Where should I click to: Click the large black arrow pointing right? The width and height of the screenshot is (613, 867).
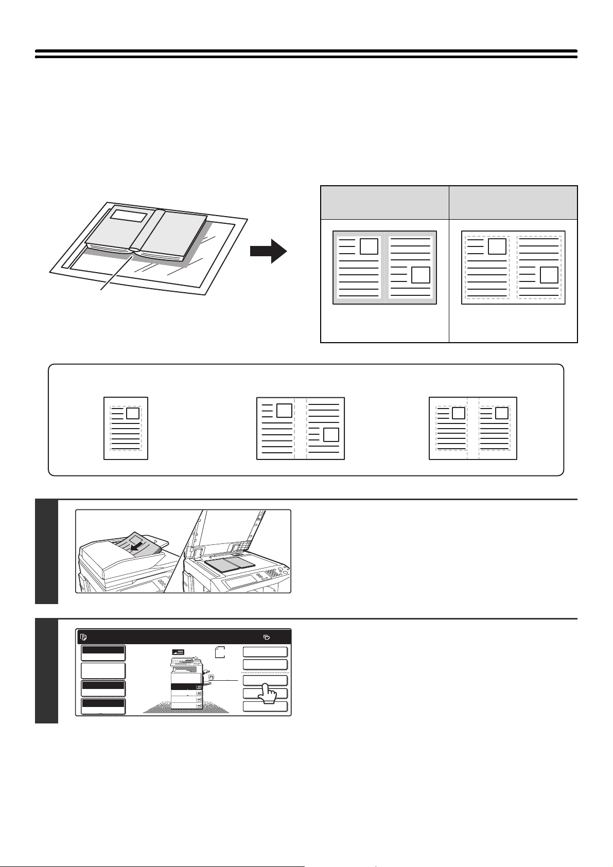(x=268, y=252)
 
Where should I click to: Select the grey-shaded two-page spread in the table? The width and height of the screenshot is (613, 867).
(x=384, y=267)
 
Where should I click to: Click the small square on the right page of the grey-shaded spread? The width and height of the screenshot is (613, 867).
(x=421, y=275)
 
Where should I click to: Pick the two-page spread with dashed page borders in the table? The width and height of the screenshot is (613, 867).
(x=513, y=267)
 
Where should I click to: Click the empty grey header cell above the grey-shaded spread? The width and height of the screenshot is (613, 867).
(x=384, y=203)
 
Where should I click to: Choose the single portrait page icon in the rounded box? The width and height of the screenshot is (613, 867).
(x=126, y=428)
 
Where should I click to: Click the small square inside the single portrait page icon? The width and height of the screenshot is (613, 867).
(x=132, y=413)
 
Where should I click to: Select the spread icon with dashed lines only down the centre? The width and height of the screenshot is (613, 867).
(x=301, y=428)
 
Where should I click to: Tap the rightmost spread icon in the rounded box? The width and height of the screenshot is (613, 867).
(x=472, y=428)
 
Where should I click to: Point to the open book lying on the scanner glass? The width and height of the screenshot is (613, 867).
(x=230, y=564)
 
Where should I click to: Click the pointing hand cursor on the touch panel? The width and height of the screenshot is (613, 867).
(x=266, y=692)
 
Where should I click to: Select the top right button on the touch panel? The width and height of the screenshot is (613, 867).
(x=265, y=652)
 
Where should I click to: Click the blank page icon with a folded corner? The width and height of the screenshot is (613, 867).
(x=220, y=652)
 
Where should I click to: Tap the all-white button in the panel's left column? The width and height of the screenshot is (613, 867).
(x=103, y=670)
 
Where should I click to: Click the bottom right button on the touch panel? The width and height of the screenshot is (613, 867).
(x=265, y=706)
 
